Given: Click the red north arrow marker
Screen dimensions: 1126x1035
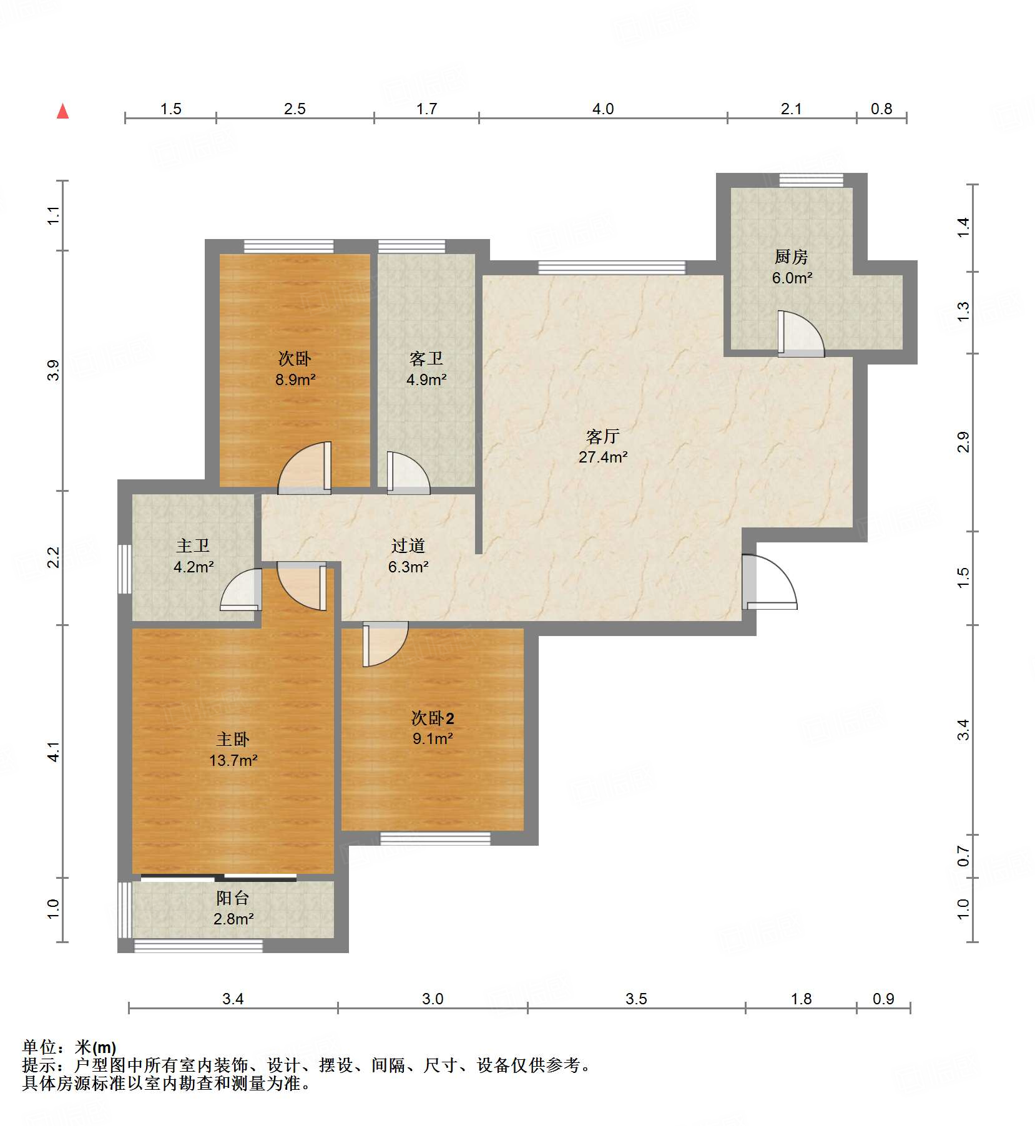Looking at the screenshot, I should click(62, 111).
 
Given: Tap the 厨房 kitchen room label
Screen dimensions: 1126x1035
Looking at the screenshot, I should click(791, 257).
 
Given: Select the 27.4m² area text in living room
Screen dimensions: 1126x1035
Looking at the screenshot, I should click(602, 457).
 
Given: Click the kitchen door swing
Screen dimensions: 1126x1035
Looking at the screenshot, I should click(800, 335).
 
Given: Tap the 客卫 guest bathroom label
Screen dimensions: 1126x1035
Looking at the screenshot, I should click(426, 358).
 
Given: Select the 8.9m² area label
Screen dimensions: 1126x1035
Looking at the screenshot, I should click(295, 379).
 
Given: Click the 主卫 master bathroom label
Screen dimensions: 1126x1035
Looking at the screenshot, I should click(193, 546).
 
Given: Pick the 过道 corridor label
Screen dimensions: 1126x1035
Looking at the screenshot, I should click(408, 546).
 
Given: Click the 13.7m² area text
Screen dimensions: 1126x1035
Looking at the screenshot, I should click(233, 760).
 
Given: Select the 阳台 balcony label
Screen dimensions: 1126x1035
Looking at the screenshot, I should click(232, 898).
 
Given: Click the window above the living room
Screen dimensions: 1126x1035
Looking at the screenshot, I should click(611, 268).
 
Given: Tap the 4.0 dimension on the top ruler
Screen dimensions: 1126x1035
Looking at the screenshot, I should click(602, 109).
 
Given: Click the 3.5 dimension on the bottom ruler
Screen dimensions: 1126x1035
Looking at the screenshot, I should click(636, 999).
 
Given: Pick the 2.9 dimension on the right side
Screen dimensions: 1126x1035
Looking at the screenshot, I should click(963, 442).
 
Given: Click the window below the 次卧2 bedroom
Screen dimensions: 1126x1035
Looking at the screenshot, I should click(435, 838).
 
